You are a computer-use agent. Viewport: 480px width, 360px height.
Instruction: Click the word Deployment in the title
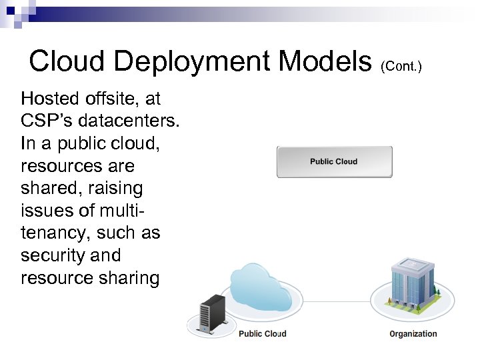(193, 62)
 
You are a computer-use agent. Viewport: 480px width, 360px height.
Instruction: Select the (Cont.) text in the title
(403, 66)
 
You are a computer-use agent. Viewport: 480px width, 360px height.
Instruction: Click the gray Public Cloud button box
(334, 162)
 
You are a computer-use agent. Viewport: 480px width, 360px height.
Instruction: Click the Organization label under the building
(413, 334)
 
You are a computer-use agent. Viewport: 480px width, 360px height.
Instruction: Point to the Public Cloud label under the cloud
(262, 334)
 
